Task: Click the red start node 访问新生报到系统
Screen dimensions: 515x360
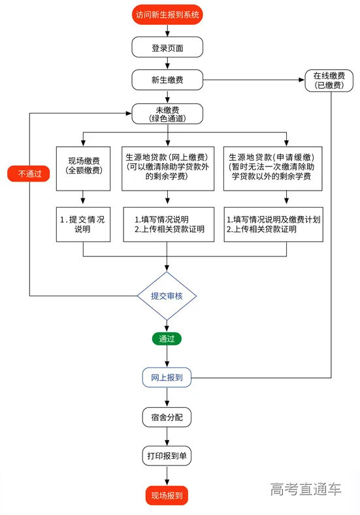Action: (x=167, y=14)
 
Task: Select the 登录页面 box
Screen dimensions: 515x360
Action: (x=167, y=48)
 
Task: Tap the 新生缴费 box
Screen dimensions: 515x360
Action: (x=167, y=80)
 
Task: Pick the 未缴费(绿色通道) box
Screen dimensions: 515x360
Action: (x=167, y=114)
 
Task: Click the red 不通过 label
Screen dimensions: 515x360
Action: (x=28, y=174)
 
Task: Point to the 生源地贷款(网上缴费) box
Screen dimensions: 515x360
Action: (x=168, y=166)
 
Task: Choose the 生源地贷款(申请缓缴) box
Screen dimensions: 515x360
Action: (x=273, y=166)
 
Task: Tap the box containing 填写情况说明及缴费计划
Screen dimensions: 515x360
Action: (x=273, y=224)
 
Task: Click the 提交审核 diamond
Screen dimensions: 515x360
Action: (x=167, y=296)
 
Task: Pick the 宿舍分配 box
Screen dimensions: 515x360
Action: (x=167, y=416)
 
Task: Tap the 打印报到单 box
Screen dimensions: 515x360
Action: (x=167, y=456)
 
